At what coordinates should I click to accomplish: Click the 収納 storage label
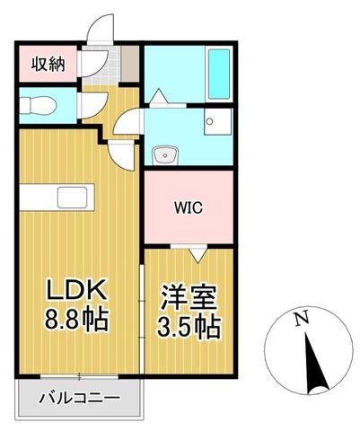click(48, 64)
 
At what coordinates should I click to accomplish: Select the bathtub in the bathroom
click(219, 75)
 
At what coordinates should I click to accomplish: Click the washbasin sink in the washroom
click(165, 154)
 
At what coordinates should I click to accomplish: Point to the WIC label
click(189, 207)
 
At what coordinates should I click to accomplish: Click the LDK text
click(75, 289)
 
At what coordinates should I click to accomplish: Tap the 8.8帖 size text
click(76, 319)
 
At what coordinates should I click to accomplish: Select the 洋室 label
click(189, 298)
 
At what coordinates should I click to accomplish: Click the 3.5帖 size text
click(189, 327)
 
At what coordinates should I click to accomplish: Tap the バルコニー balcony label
click(80, 397)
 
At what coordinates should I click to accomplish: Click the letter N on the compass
click(302, 319)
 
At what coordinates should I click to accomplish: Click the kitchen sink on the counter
click(73, 198)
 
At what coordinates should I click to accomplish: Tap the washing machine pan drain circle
click(210, 121)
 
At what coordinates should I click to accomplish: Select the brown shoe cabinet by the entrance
click(130, 64)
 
